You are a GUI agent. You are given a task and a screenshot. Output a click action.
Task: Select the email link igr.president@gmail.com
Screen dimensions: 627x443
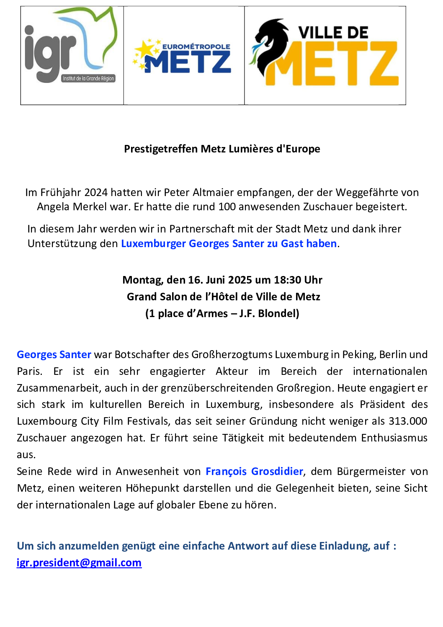click(79, 562)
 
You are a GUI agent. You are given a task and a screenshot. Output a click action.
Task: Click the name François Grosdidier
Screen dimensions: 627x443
click(254, 472)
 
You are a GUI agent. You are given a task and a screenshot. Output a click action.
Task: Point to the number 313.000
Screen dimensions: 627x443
click(408, 421)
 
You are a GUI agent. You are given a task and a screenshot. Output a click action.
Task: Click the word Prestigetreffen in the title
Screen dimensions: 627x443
click(161, 149)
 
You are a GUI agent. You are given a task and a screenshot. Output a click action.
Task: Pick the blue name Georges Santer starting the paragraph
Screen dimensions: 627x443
click(54, 355)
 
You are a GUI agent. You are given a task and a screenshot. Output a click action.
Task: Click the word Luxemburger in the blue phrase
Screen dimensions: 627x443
click(153, 244)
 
